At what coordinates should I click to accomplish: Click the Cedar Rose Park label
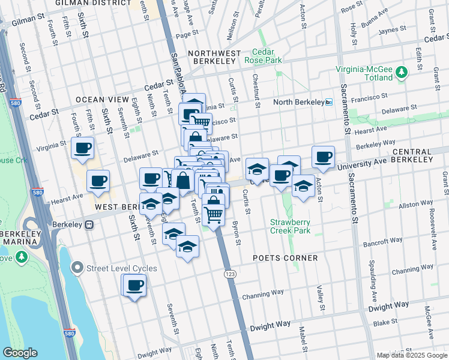[x=263, y=56]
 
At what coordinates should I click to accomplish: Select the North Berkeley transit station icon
[x=328, y=102]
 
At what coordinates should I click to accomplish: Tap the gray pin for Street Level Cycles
[x=77, y=268]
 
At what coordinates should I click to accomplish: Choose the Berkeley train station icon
[x=89, y=224]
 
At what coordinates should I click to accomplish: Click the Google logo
[x=20, y=353]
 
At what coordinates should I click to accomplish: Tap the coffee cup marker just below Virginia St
[x=82, y=148]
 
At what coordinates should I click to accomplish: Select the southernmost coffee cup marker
[x=135, y=286]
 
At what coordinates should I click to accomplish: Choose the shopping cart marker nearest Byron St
[x=214, y=214]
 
